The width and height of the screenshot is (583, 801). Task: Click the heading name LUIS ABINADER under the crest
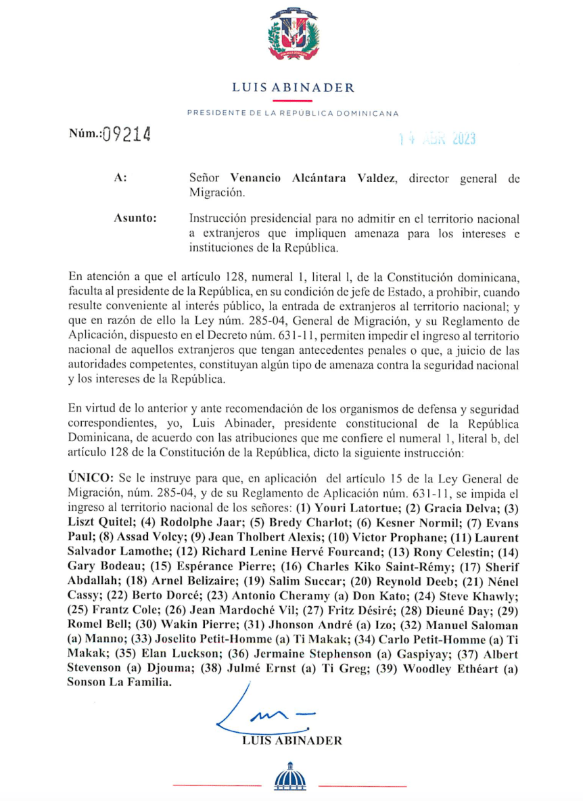tap(293, 87)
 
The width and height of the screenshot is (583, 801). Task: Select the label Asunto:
tap(136, 219)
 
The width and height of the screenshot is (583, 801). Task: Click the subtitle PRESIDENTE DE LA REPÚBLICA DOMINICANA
tap(292, 114)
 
